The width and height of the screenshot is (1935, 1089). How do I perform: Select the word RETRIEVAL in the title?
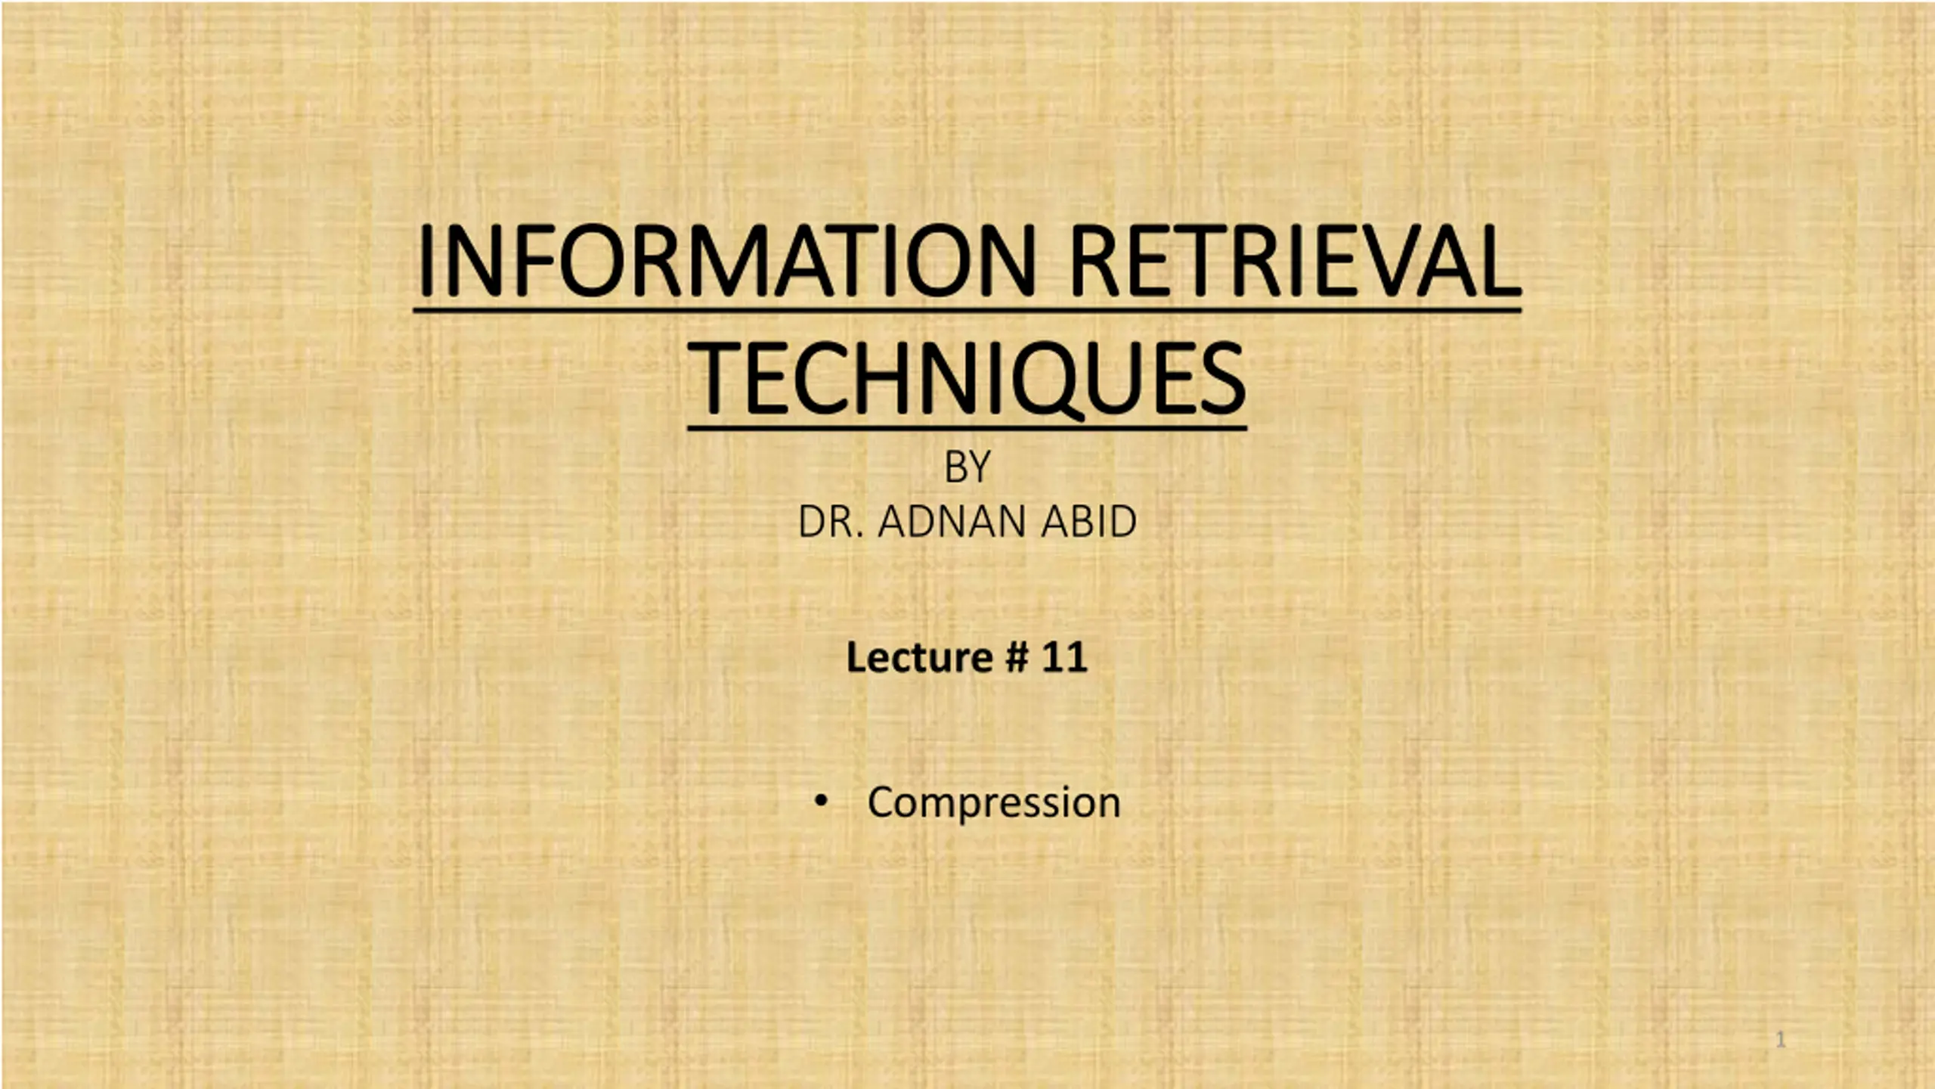tap(1295, 260)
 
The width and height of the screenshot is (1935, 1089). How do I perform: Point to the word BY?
tap(967, 467)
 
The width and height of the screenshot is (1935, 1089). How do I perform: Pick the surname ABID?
tap(1088, 521)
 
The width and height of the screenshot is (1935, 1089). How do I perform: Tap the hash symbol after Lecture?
tap(1017, 657)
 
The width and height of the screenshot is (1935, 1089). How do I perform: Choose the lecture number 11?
tap(1064, 657)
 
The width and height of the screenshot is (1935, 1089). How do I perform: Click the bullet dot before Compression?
tap(821, 801)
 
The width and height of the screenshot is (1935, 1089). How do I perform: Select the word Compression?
tap(993, 803)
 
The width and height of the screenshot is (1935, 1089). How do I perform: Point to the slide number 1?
tap(1780, 1040)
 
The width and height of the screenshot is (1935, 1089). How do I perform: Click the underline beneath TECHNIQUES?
tap(967, 428)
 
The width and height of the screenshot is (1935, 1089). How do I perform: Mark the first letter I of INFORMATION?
tap(426, 261)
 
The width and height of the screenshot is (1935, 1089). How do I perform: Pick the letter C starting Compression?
tap(881, 802)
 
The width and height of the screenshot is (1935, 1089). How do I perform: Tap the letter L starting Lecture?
tap(856, 657)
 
